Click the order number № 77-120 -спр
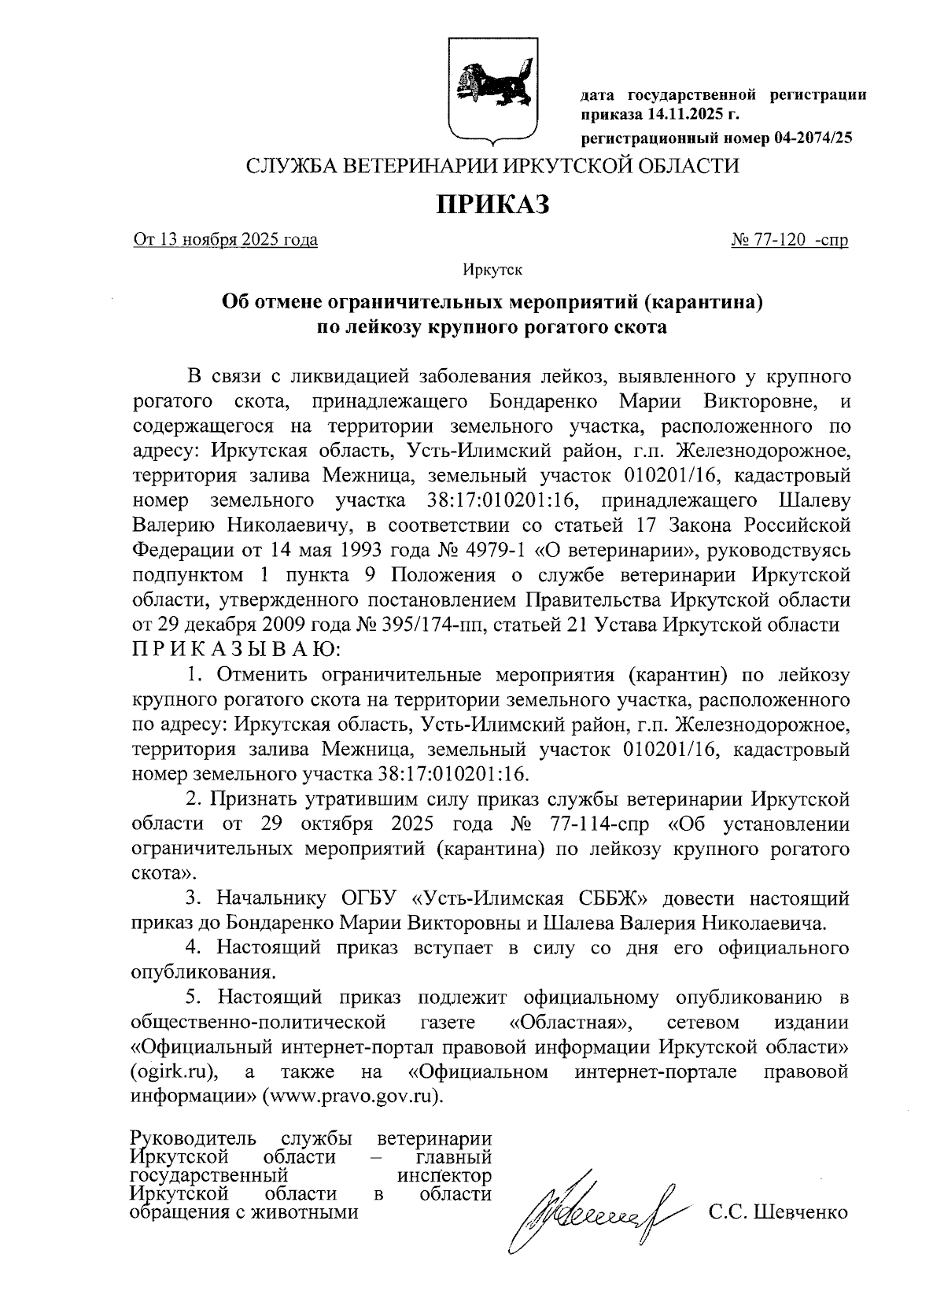point(789,240)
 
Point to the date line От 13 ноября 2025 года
point(226,240)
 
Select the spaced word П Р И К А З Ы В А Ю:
point(236,650)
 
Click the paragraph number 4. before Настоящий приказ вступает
point(194,948)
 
